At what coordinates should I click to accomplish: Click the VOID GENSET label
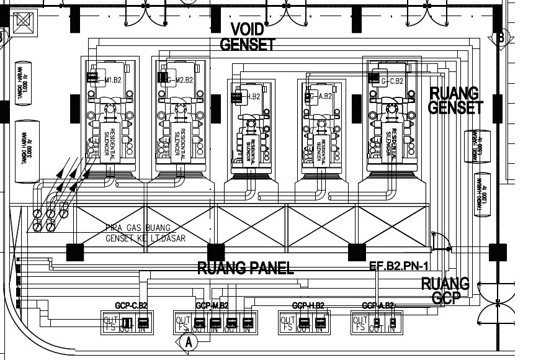248,37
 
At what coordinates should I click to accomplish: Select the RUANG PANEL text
245,268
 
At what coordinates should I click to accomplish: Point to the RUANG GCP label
444,290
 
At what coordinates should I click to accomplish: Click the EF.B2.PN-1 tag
399,266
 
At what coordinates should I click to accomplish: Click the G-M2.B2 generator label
181,79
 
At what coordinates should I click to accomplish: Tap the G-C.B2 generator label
392,80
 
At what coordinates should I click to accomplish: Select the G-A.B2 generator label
324,96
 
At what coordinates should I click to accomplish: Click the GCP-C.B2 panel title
131,305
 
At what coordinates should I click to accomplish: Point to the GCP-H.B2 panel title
308,305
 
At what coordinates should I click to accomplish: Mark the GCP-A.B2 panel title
379,305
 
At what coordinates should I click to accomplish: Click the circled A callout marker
189,341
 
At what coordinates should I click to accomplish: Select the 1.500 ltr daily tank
477,147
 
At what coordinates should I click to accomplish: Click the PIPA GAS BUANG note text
138,228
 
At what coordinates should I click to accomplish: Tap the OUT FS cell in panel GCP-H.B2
287,323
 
